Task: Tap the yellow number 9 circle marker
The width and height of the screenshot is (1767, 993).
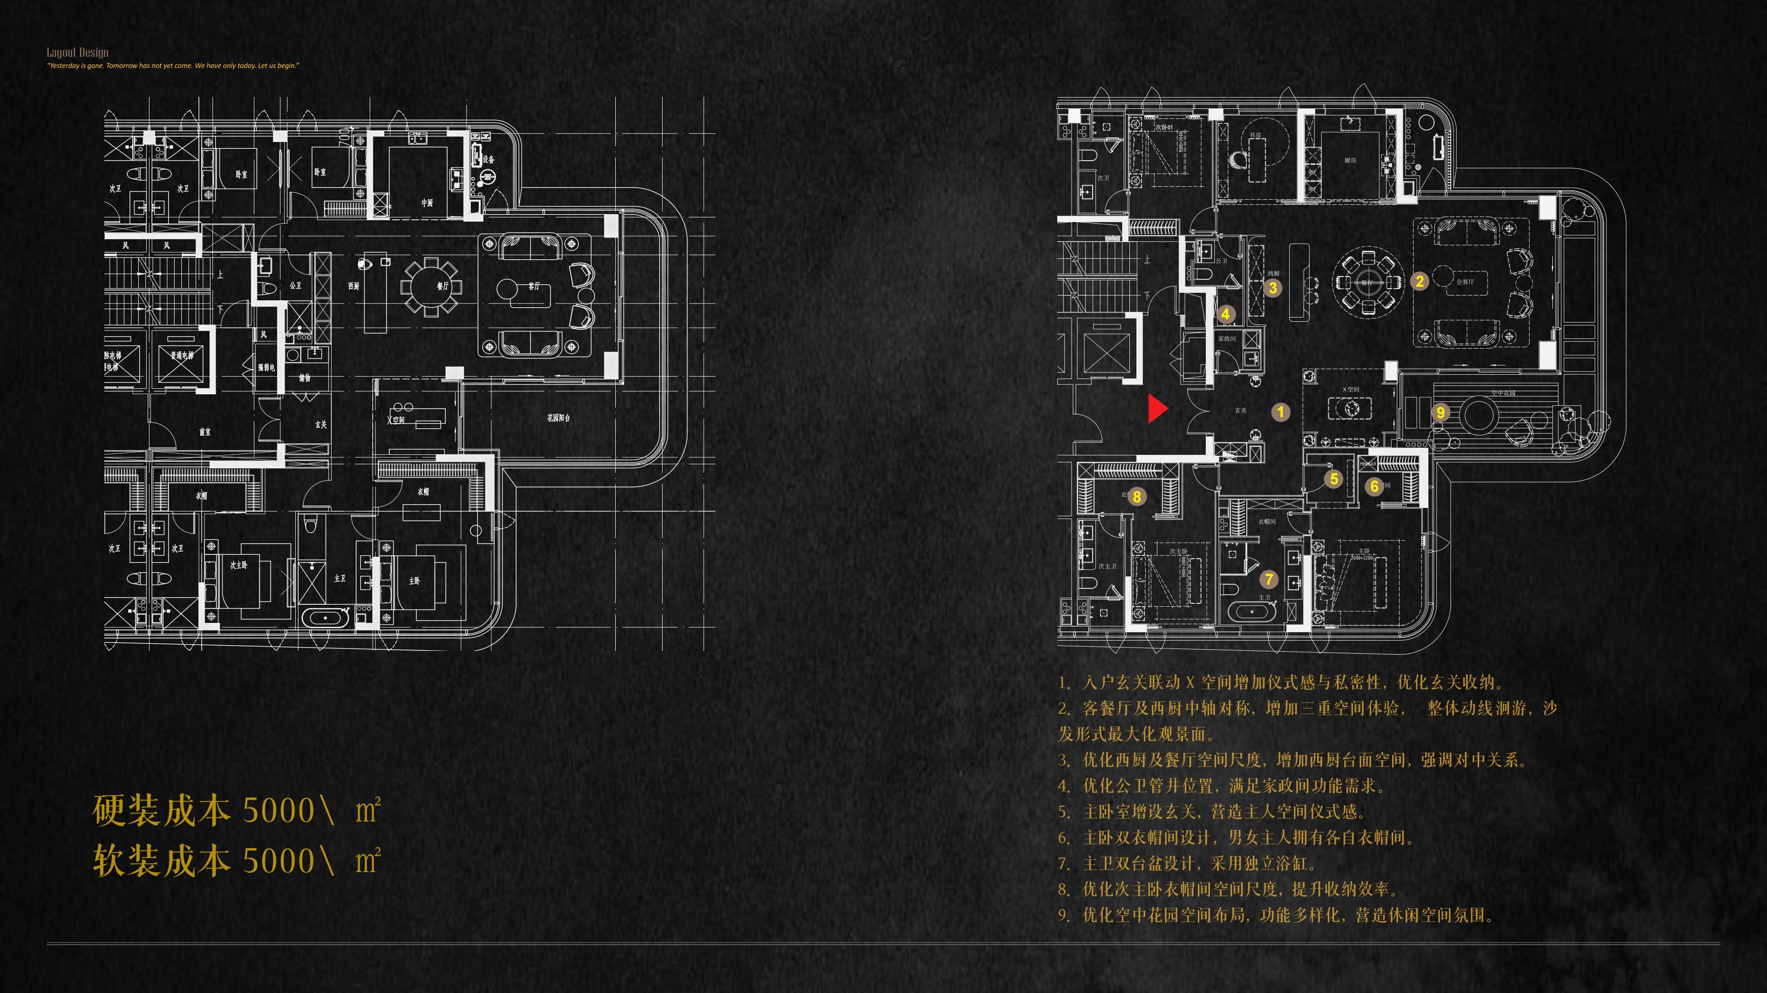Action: pos(1441,412)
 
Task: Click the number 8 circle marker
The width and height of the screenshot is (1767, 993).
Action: pos(1136,496)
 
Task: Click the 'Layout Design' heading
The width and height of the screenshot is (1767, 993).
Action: pos(77,52)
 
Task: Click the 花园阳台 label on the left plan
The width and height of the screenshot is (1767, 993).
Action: pos(558,418)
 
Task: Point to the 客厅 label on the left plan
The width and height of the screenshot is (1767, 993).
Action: pos(534,286)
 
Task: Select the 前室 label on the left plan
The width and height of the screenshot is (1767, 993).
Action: pos(204,432)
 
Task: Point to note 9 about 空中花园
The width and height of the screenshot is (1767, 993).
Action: pos(1276,916)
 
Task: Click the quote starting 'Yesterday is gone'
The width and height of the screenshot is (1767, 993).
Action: pos(173,66)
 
